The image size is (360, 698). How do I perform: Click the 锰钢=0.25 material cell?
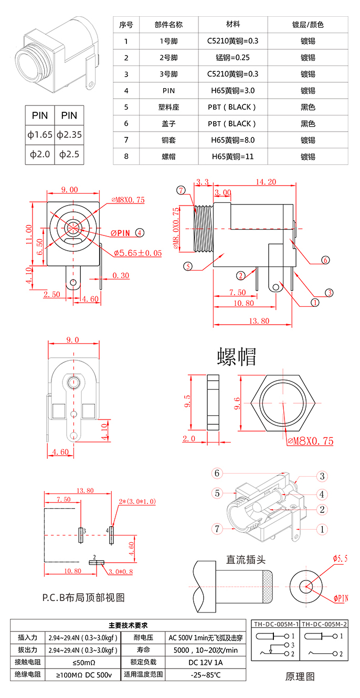point(232,58)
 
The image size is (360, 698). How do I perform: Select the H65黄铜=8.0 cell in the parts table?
point(232,140)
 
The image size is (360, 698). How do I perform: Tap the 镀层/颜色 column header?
point(308,25)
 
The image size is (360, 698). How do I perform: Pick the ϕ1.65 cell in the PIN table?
point(40,135)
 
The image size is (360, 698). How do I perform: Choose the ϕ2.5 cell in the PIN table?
point(69,154)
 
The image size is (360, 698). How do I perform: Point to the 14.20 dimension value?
point(266,182)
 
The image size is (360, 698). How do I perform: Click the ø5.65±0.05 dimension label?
point(138,253)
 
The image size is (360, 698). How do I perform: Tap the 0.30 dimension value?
point(121,275)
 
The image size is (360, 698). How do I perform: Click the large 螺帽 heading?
point(237,357)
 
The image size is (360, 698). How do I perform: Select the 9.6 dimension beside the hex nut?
point(237,403)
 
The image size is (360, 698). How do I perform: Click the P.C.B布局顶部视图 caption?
point(83,597)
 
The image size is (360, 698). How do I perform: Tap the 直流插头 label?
point(246,560)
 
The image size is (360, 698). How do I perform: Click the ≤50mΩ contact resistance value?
point(83,662)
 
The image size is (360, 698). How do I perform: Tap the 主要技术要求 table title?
point(128,625)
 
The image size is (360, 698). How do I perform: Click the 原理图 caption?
point(300,676)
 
